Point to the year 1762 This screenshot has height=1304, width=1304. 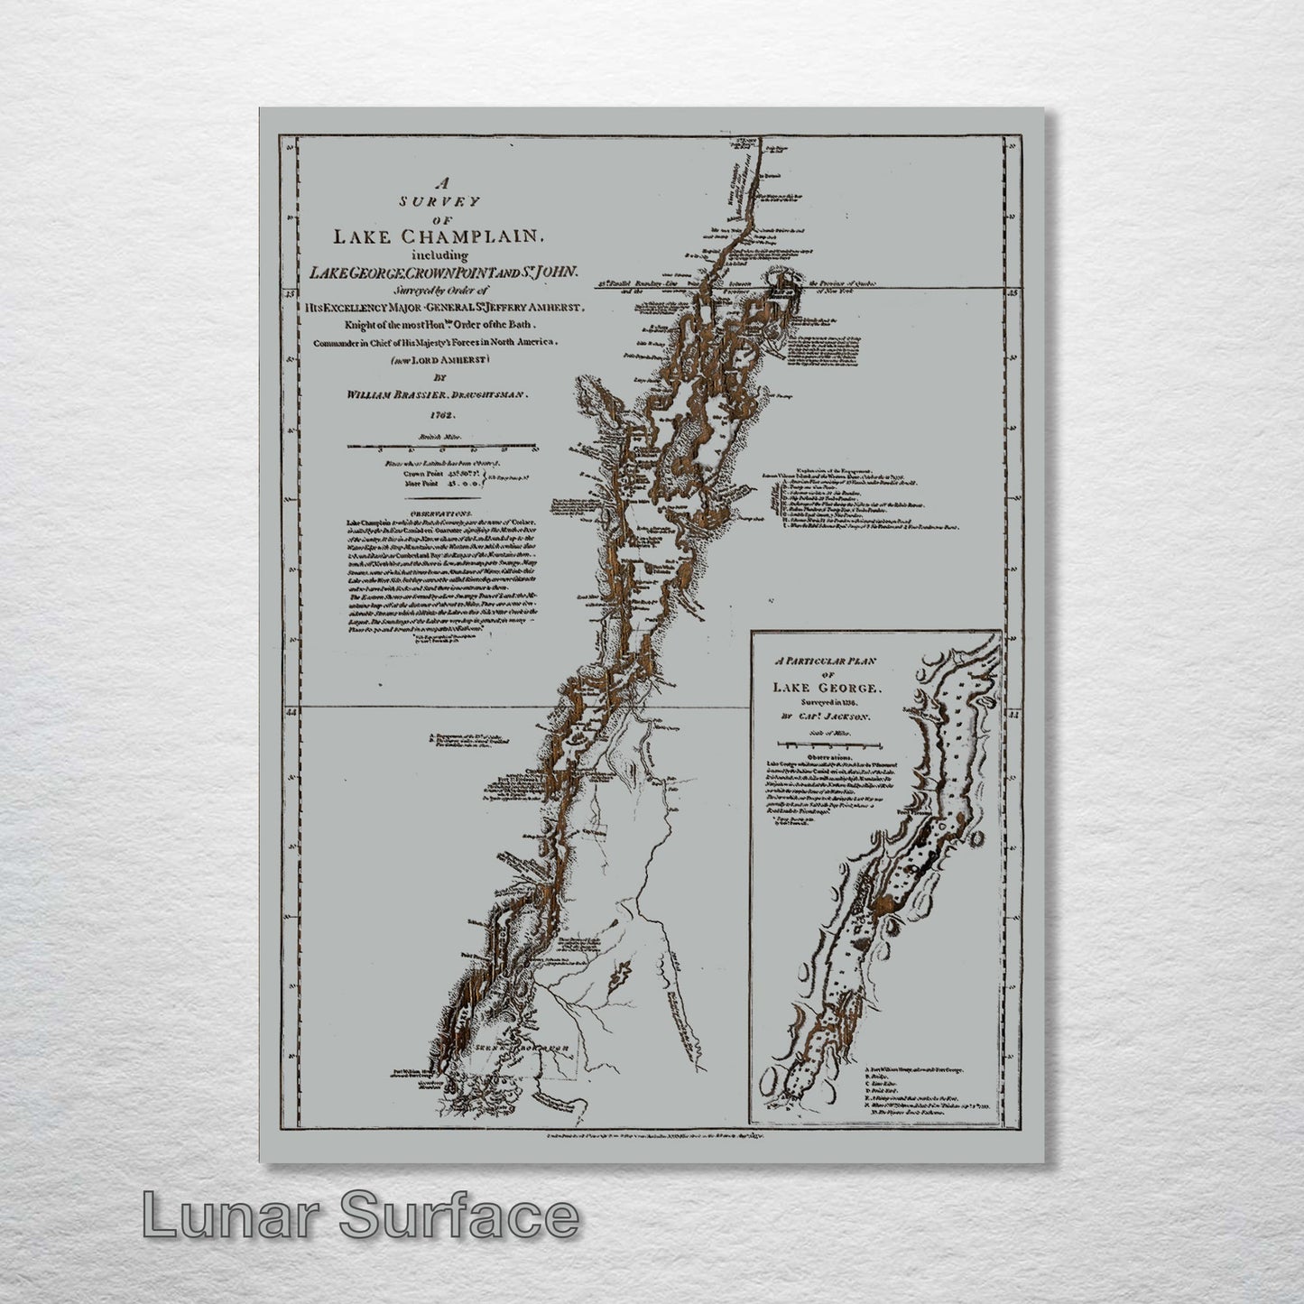click(442, 415)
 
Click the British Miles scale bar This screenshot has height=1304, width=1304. click(442, 446)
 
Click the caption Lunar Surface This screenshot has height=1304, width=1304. click(360, 1216)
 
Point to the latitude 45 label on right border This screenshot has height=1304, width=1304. click(1013, 291)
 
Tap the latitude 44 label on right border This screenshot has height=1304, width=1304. click(1013, 714)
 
